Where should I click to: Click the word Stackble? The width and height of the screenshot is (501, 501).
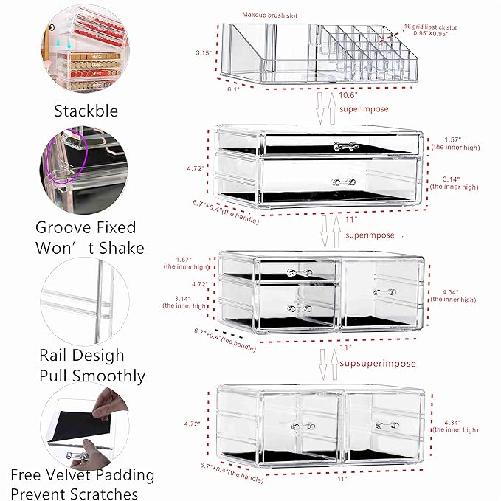point(85,111)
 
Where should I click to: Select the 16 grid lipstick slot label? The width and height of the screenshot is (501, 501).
point(430,27)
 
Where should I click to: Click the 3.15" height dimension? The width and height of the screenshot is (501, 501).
point(204,52)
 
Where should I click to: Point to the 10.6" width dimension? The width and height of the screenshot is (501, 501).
point(349,94)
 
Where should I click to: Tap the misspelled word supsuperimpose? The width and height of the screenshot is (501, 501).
point(378,363)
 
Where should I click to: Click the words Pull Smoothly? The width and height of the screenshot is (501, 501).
point(92,376)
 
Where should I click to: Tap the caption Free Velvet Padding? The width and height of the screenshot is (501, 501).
point(83,474)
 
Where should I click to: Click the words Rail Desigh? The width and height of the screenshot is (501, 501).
point(82,355)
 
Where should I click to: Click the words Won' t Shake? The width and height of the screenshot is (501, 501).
point(90,247)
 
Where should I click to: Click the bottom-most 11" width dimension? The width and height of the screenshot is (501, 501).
point(341,480)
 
